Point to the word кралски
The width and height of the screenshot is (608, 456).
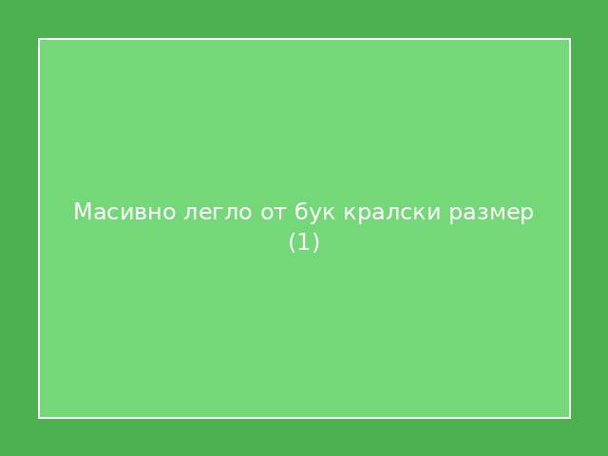tap(387, 212)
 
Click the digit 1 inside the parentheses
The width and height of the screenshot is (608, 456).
tap(304, 242)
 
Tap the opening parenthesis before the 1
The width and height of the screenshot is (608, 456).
tap(293, 243)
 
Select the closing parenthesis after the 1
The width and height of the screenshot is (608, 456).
tap(315, 243)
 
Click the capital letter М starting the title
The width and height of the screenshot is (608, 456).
tap(82, 211)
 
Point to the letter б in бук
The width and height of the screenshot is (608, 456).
tap(301, 211)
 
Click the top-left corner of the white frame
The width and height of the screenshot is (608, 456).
tap(39, 39)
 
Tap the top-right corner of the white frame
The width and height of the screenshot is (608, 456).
tap(569, 39)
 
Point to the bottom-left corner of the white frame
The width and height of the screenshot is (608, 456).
tap(39, 417)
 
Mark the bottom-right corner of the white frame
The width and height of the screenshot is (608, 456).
tap(569, 417)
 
